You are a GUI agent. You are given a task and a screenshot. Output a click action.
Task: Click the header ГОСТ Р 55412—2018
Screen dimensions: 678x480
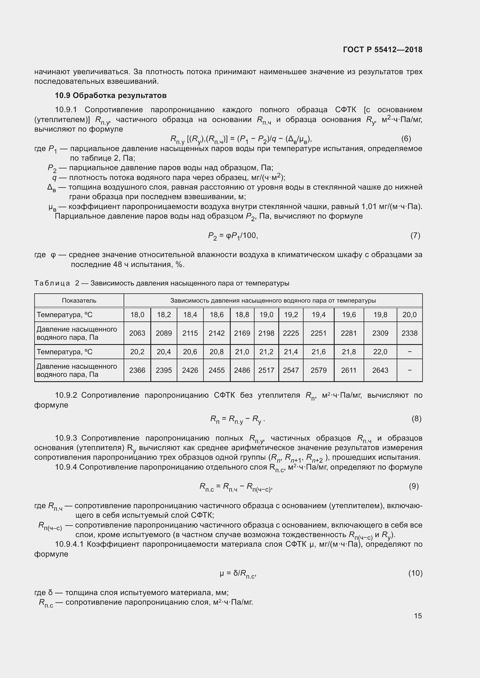(382, 50)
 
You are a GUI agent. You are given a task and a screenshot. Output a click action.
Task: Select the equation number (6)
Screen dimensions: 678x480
(406, 139)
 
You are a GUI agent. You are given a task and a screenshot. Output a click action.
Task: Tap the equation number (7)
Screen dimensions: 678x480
(415, 235)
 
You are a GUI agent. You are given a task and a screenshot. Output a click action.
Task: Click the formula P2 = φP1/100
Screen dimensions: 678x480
(233, 236)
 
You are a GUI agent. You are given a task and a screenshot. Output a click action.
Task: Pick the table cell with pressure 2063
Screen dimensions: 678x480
(137, 333)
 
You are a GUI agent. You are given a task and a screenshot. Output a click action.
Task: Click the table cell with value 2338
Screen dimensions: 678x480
(409, 333)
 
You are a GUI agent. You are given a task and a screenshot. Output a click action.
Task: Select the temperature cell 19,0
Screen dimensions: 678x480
(266, 315)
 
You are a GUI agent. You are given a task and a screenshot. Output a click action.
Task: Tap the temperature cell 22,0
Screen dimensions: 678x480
(380, 352)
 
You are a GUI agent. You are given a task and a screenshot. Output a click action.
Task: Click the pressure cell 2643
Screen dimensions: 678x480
(380, 370)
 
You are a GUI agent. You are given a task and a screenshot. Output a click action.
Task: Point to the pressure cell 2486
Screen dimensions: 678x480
(242, 370)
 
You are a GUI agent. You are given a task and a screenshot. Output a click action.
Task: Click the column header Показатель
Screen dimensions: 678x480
(79, 301)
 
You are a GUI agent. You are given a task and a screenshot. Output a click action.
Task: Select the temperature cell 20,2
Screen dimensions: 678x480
(137, 352)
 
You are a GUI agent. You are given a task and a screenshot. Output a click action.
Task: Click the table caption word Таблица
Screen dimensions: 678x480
(52, 283)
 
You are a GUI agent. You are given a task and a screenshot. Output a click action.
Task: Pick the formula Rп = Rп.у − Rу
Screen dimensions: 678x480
(237, 419)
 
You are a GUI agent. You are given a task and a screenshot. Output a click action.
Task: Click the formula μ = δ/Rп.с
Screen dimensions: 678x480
(237, 573)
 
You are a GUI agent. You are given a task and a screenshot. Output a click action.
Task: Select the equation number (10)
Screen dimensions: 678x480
(415, 573)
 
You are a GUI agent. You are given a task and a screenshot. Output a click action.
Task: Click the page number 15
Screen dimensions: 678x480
(418, 616)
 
